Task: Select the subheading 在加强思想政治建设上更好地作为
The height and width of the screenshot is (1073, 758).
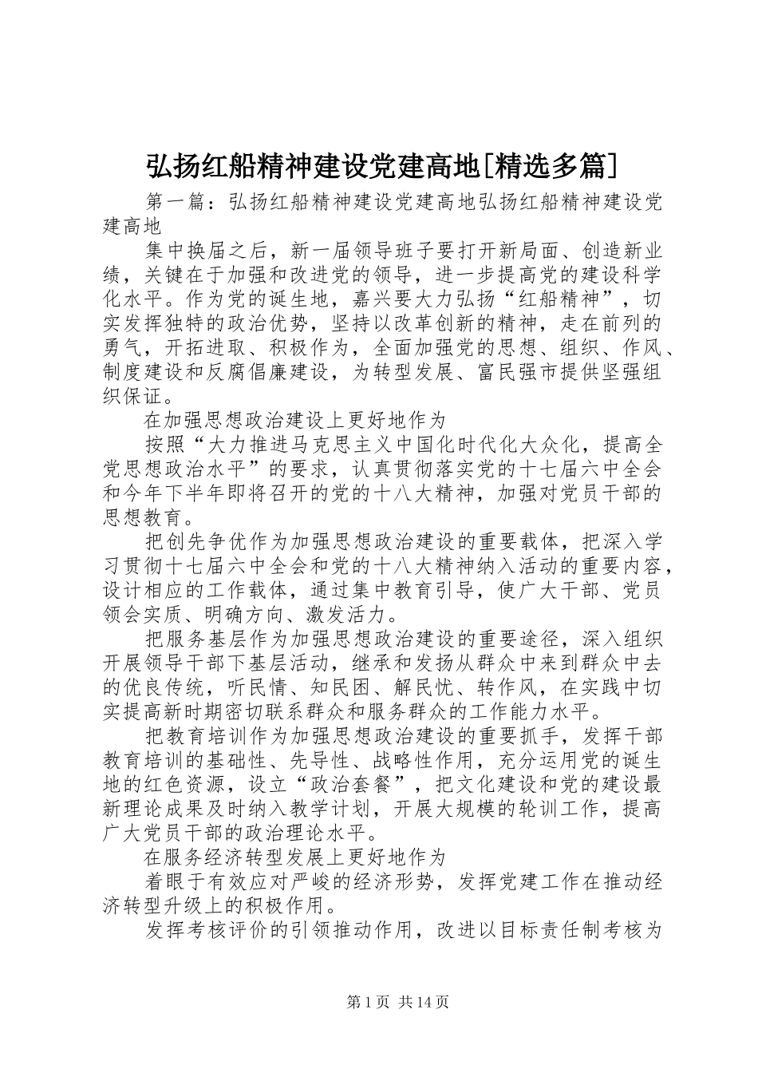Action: pyautogui.click(x=294, y=420)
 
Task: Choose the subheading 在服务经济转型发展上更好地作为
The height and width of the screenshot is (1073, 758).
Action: pyautogui.click(x=294, y=857)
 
